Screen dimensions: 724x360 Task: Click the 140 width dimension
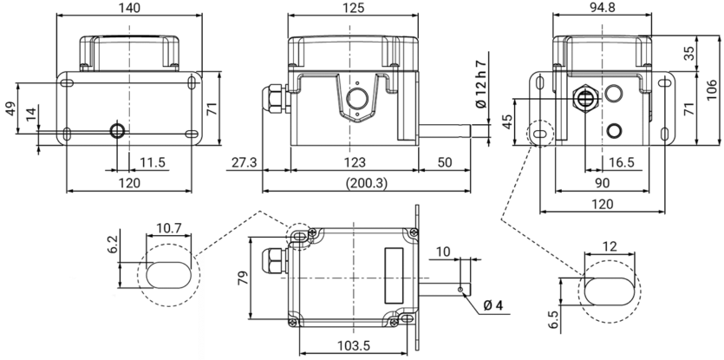point(129,8)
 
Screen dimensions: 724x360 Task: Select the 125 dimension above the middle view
point(353,8)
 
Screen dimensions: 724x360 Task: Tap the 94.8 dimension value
point(602,8)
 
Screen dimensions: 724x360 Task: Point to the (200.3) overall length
point(367,183)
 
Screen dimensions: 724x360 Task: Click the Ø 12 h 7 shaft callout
point(480,84)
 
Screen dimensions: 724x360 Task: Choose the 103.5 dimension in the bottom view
point(354,345)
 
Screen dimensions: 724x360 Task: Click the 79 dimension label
point(244,278)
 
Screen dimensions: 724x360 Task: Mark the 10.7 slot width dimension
point(169,228)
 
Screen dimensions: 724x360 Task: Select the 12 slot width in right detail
point(610,246)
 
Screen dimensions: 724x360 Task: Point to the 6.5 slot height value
point(554,319)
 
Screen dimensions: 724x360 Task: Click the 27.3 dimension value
point(243,162)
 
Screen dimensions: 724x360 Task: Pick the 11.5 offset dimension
point(153,162)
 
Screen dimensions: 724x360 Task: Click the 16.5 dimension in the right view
point(622,162)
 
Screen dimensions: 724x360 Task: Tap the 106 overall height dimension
point(713,90)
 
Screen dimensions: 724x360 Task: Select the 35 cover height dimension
point(689,53)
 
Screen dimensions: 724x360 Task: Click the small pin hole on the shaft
point(460,289)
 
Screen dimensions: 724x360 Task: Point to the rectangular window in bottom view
point(394,276)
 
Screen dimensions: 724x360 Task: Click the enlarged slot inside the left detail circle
point(168,275)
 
